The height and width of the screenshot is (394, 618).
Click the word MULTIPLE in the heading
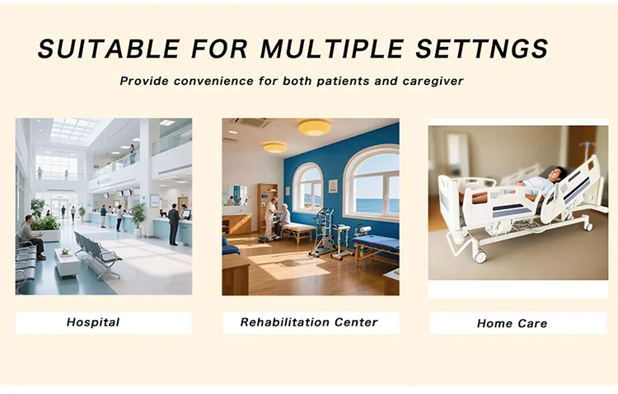pyautogui.click(x=331, y=49)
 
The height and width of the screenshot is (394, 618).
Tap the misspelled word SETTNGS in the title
pyautogui.click(x=482, y=49)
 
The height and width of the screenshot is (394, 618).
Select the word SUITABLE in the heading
pyautogui.click(x=109, y=49)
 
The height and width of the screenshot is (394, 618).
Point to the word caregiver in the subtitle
pyautogui.click(x=433, y=82)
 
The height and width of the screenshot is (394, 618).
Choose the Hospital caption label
pyautogui.click(x=93, y=322)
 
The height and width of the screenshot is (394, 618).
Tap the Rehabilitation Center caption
pyautogui.click(x=309, y=322)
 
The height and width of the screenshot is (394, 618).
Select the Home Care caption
pyautogui.click(x=512, y=323)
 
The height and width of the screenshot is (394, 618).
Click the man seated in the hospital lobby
pyautogui.click(x=31, y=237)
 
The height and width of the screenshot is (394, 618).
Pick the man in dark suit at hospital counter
pyautogui.click(x=173, y=225)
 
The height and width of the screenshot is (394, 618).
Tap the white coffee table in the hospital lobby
pyautogui.click(x=67, y=261)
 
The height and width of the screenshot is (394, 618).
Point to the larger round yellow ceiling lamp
pyautogui.click(x=314, y=128)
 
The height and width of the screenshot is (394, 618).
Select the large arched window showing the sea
pyautogui.click(x=371, y=182)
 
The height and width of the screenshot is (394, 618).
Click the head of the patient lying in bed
pyautogui.click(x=556, y=174)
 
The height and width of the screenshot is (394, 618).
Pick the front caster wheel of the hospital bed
pyautogui.click(x=480, y=256)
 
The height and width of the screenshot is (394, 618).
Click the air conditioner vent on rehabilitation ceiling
pyautogui.click(x=252, y=123)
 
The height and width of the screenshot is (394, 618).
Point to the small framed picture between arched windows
pyautogui.click(x=333, y=185)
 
